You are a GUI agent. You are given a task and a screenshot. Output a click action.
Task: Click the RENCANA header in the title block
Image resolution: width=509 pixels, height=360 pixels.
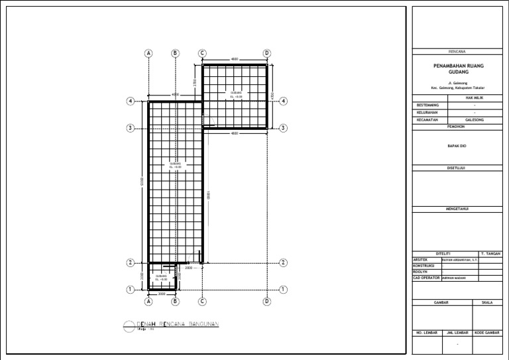click(457, 51)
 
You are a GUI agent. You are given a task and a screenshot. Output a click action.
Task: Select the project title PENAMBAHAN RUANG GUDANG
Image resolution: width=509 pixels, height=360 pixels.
click(457, 70)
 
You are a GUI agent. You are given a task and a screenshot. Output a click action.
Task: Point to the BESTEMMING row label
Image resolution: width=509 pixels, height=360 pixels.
click(427, 105)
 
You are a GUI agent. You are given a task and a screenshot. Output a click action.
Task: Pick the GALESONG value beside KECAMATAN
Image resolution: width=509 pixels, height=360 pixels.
click(475, 120)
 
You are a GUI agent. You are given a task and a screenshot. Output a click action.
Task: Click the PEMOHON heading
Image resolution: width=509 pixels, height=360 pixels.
click(457, 126)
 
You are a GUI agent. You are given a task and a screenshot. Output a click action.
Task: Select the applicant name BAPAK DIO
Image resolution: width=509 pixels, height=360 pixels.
click(457, 145)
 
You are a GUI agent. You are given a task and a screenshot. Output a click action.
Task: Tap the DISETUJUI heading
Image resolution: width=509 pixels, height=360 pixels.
click(457, 168)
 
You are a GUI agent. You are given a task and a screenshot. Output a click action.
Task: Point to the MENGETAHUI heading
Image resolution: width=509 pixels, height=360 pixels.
click(457, 209)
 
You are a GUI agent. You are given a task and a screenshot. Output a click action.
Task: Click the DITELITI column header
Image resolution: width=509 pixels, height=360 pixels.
click(443, 254)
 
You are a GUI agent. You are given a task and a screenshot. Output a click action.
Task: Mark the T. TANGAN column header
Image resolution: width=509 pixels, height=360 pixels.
click(491, 254)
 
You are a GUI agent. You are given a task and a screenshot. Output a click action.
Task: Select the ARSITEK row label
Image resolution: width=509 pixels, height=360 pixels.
click(420, 260)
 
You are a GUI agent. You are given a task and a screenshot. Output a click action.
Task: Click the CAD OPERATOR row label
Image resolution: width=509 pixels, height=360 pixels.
click(425, 278)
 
